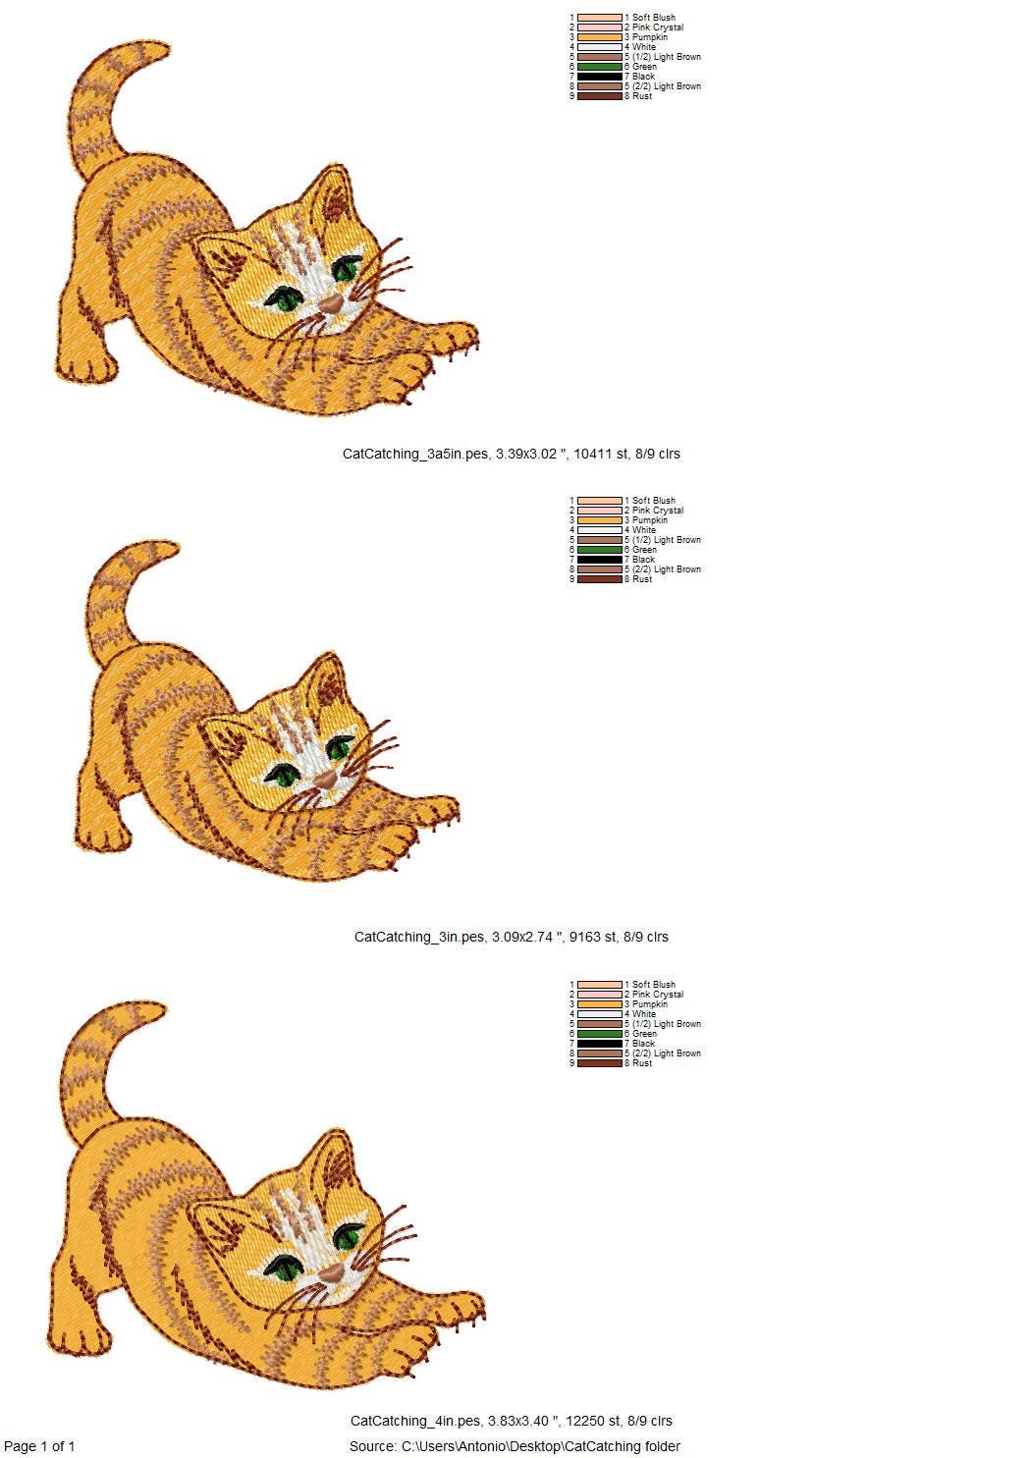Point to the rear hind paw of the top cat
[86, 367]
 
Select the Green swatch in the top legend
[600, 67]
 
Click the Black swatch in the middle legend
[600, 560]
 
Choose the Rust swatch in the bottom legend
[600, 1063]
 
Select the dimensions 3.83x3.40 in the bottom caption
[522, 1421]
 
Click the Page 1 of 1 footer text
[39, 1446]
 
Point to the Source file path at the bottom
[515, 1446]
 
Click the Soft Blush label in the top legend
[653, 18]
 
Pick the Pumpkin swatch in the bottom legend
[600, 1004]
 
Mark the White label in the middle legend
[644, 530]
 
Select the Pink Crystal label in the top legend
[657, 27]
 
